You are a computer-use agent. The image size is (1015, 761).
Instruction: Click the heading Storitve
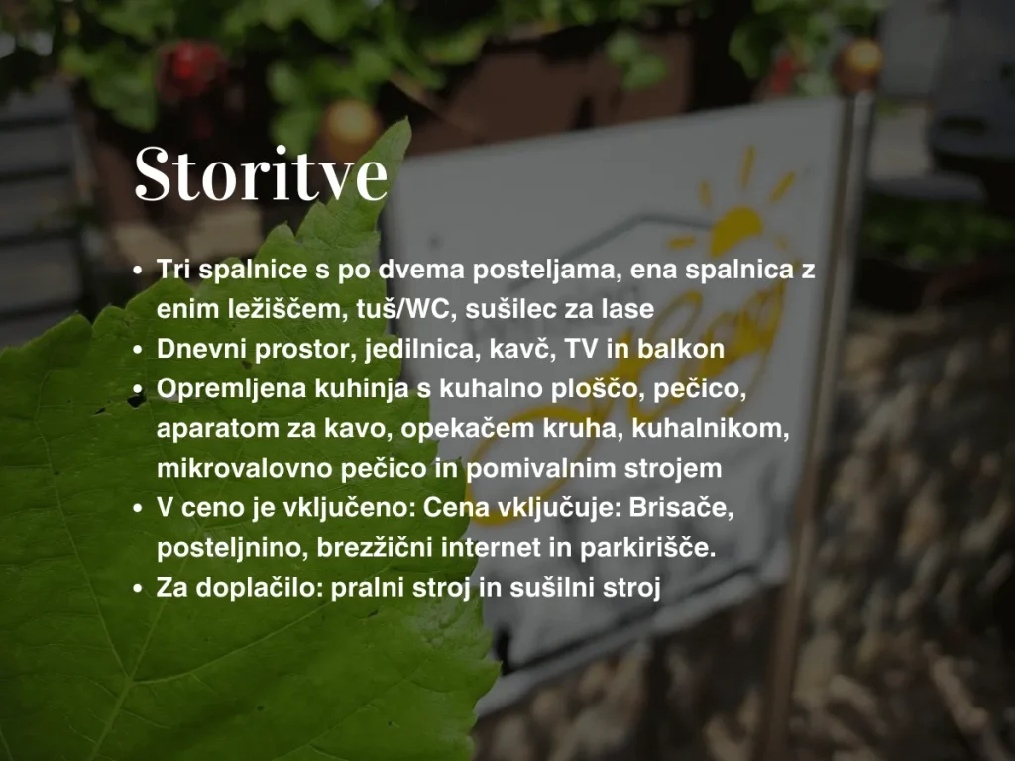(261, 174)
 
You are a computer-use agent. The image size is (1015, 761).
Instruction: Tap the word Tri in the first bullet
(173, 270)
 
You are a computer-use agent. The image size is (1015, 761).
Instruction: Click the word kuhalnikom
(711, 428)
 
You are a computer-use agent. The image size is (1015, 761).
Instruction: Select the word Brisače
(681, 508)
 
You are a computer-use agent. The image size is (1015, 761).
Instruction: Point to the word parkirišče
(648, 549)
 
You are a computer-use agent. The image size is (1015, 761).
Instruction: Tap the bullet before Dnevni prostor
(137, 350)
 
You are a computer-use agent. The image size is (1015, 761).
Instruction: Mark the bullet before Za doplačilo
(137, 589)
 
